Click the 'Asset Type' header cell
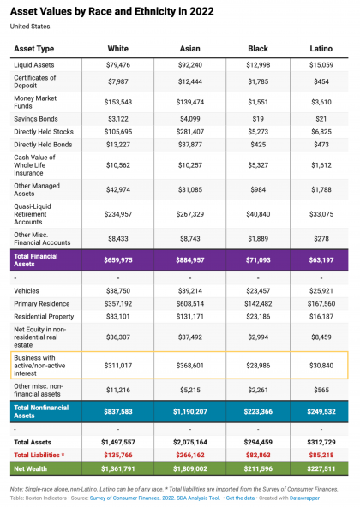coord(34,48)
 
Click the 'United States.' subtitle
coord(28,25)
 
